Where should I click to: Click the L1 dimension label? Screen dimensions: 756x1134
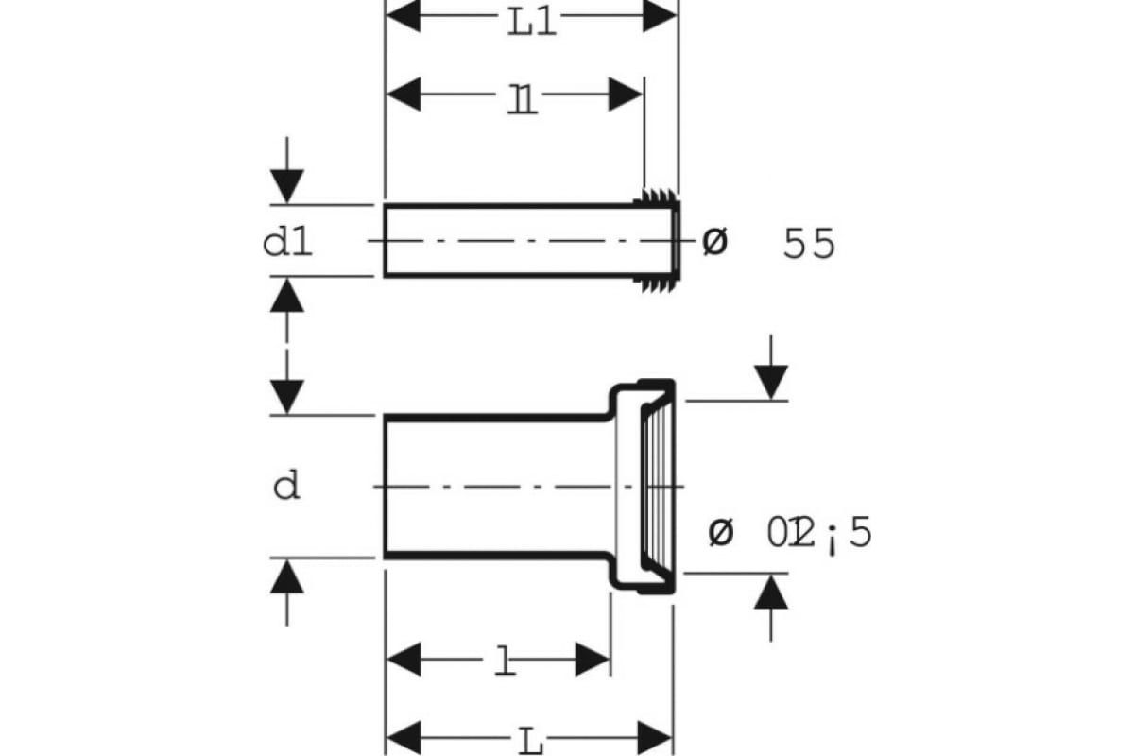click(x=531, y=21)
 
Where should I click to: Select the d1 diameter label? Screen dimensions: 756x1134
click(x=287, y=244)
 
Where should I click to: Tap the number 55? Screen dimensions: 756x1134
click(x=809, y=245)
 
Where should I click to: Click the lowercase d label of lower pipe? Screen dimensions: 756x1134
click(x=286, y=487)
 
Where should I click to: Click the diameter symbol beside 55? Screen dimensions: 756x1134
click(x=715, y=243)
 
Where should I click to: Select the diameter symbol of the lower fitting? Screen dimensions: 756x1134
click(x=720, y=534)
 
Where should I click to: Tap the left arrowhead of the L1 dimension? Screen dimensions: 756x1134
click(x=403, y=17)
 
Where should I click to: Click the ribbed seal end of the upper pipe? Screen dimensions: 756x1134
click(x=658, y=240)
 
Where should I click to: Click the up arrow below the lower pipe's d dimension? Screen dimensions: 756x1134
click(x=286, y=576)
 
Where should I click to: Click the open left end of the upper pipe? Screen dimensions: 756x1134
click(x=386, y=240)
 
